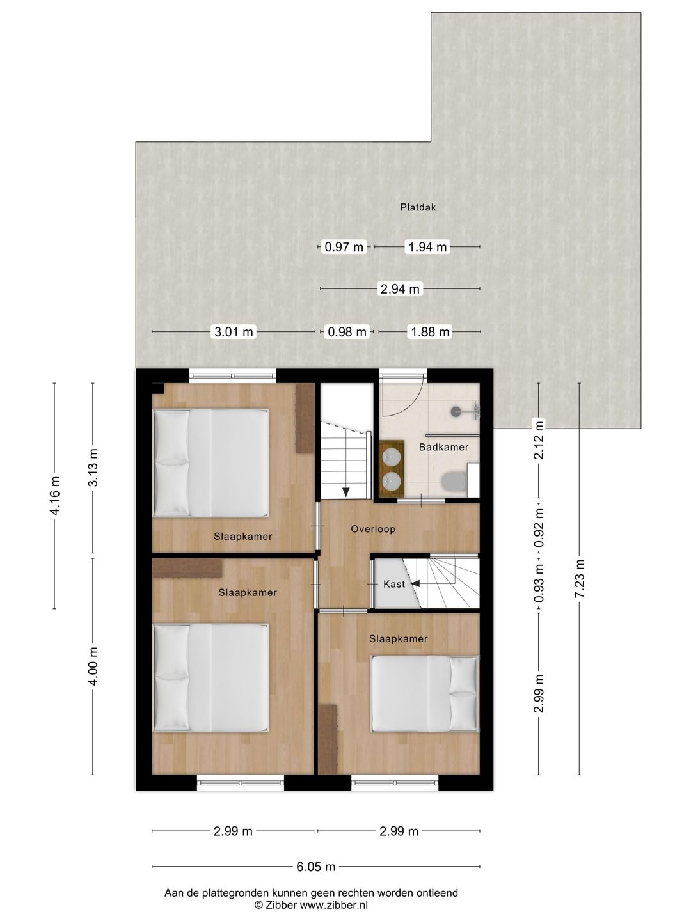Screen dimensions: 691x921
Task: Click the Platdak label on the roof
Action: (x=418, y=207)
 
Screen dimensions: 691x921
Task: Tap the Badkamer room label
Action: (x=443, y=447)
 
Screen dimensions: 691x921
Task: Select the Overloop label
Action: (x=373, y=529)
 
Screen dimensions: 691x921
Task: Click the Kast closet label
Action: (x=394, y=584)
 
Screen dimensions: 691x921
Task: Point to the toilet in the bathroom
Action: (x=454, y=481)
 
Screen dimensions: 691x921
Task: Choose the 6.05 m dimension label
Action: (x=315, y=867)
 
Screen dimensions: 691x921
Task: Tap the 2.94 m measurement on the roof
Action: (x=400, y=289)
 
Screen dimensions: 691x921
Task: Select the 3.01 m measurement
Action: (x=234, y=332)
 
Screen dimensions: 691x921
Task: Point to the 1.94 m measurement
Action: (x=427, y=247)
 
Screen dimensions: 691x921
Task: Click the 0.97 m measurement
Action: (x=344, y=247)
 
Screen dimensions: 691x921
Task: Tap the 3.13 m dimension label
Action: (x=93, y=467)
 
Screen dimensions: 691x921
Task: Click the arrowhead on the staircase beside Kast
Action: (x=415, y=583)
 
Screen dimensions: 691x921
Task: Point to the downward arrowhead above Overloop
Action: (x=346, y=492)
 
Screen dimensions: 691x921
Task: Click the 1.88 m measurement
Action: (x=430, y=332)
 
